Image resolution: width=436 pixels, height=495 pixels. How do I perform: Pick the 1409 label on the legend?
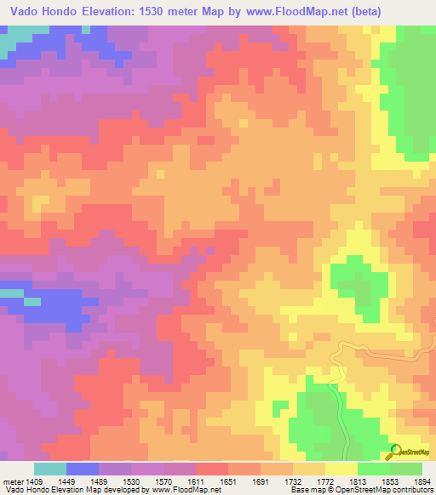click(34, 480)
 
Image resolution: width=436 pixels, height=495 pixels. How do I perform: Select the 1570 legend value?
click(163, 480)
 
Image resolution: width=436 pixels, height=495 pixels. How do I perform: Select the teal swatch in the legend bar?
click(50, 469)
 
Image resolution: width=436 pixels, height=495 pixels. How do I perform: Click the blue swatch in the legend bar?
click(83, 469)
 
